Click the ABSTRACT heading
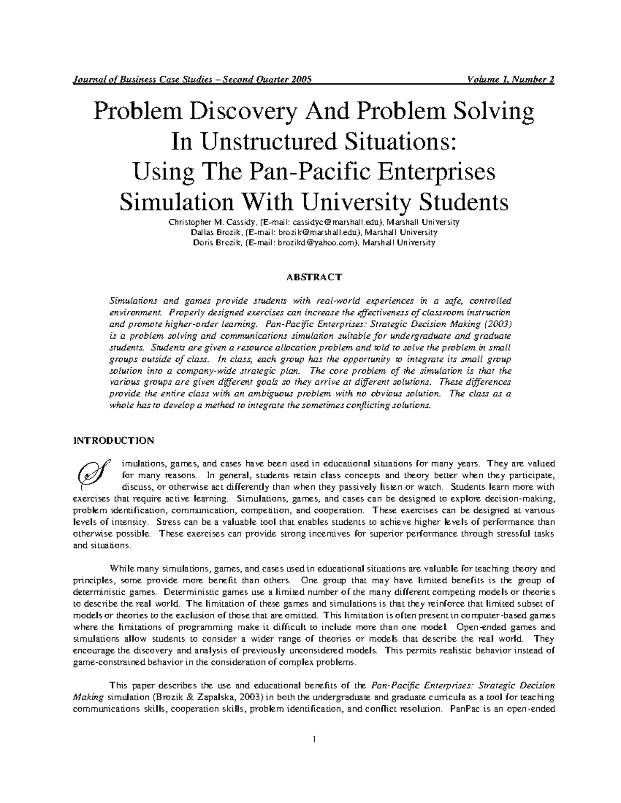coord(314,277)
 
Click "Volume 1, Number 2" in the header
coord(511,80)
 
